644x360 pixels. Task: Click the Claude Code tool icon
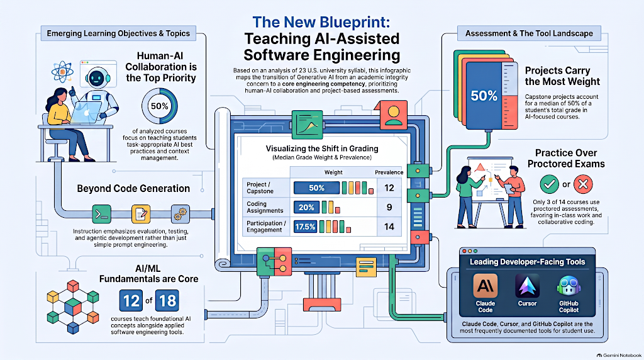(485, 286)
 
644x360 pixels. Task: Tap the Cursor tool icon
(527, 286)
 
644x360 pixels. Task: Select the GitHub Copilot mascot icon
(569, 286)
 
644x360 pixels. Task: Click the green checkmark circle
(549, 184)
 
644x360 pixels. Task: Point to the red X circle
(583, 184)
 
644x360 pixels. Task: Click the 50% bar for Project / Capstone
(316, 188)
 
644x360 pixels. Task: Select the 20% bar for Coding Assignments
(306, 207)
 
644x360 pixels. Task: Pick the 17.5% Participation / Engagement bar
(305, 227)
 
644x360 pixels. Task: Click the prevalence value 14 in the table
(389, 227)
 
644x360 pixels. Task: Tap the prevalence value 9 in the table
(389, 207)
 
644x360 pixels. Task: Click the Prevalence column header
(389, 172)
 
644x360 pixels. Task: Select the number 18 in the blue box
(167, 301)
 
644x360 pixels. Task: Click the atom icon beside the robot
(62, 72)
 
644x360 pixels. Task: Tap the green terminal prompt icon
(101, 214)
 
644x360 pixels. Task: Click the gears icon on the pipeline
(180, 214)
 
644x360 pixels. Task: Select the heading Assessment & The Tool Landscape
(529, 33)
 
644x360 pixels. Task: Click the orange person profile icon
(394, 115)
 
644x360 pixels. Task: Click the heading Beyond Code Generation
(133, 189)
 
